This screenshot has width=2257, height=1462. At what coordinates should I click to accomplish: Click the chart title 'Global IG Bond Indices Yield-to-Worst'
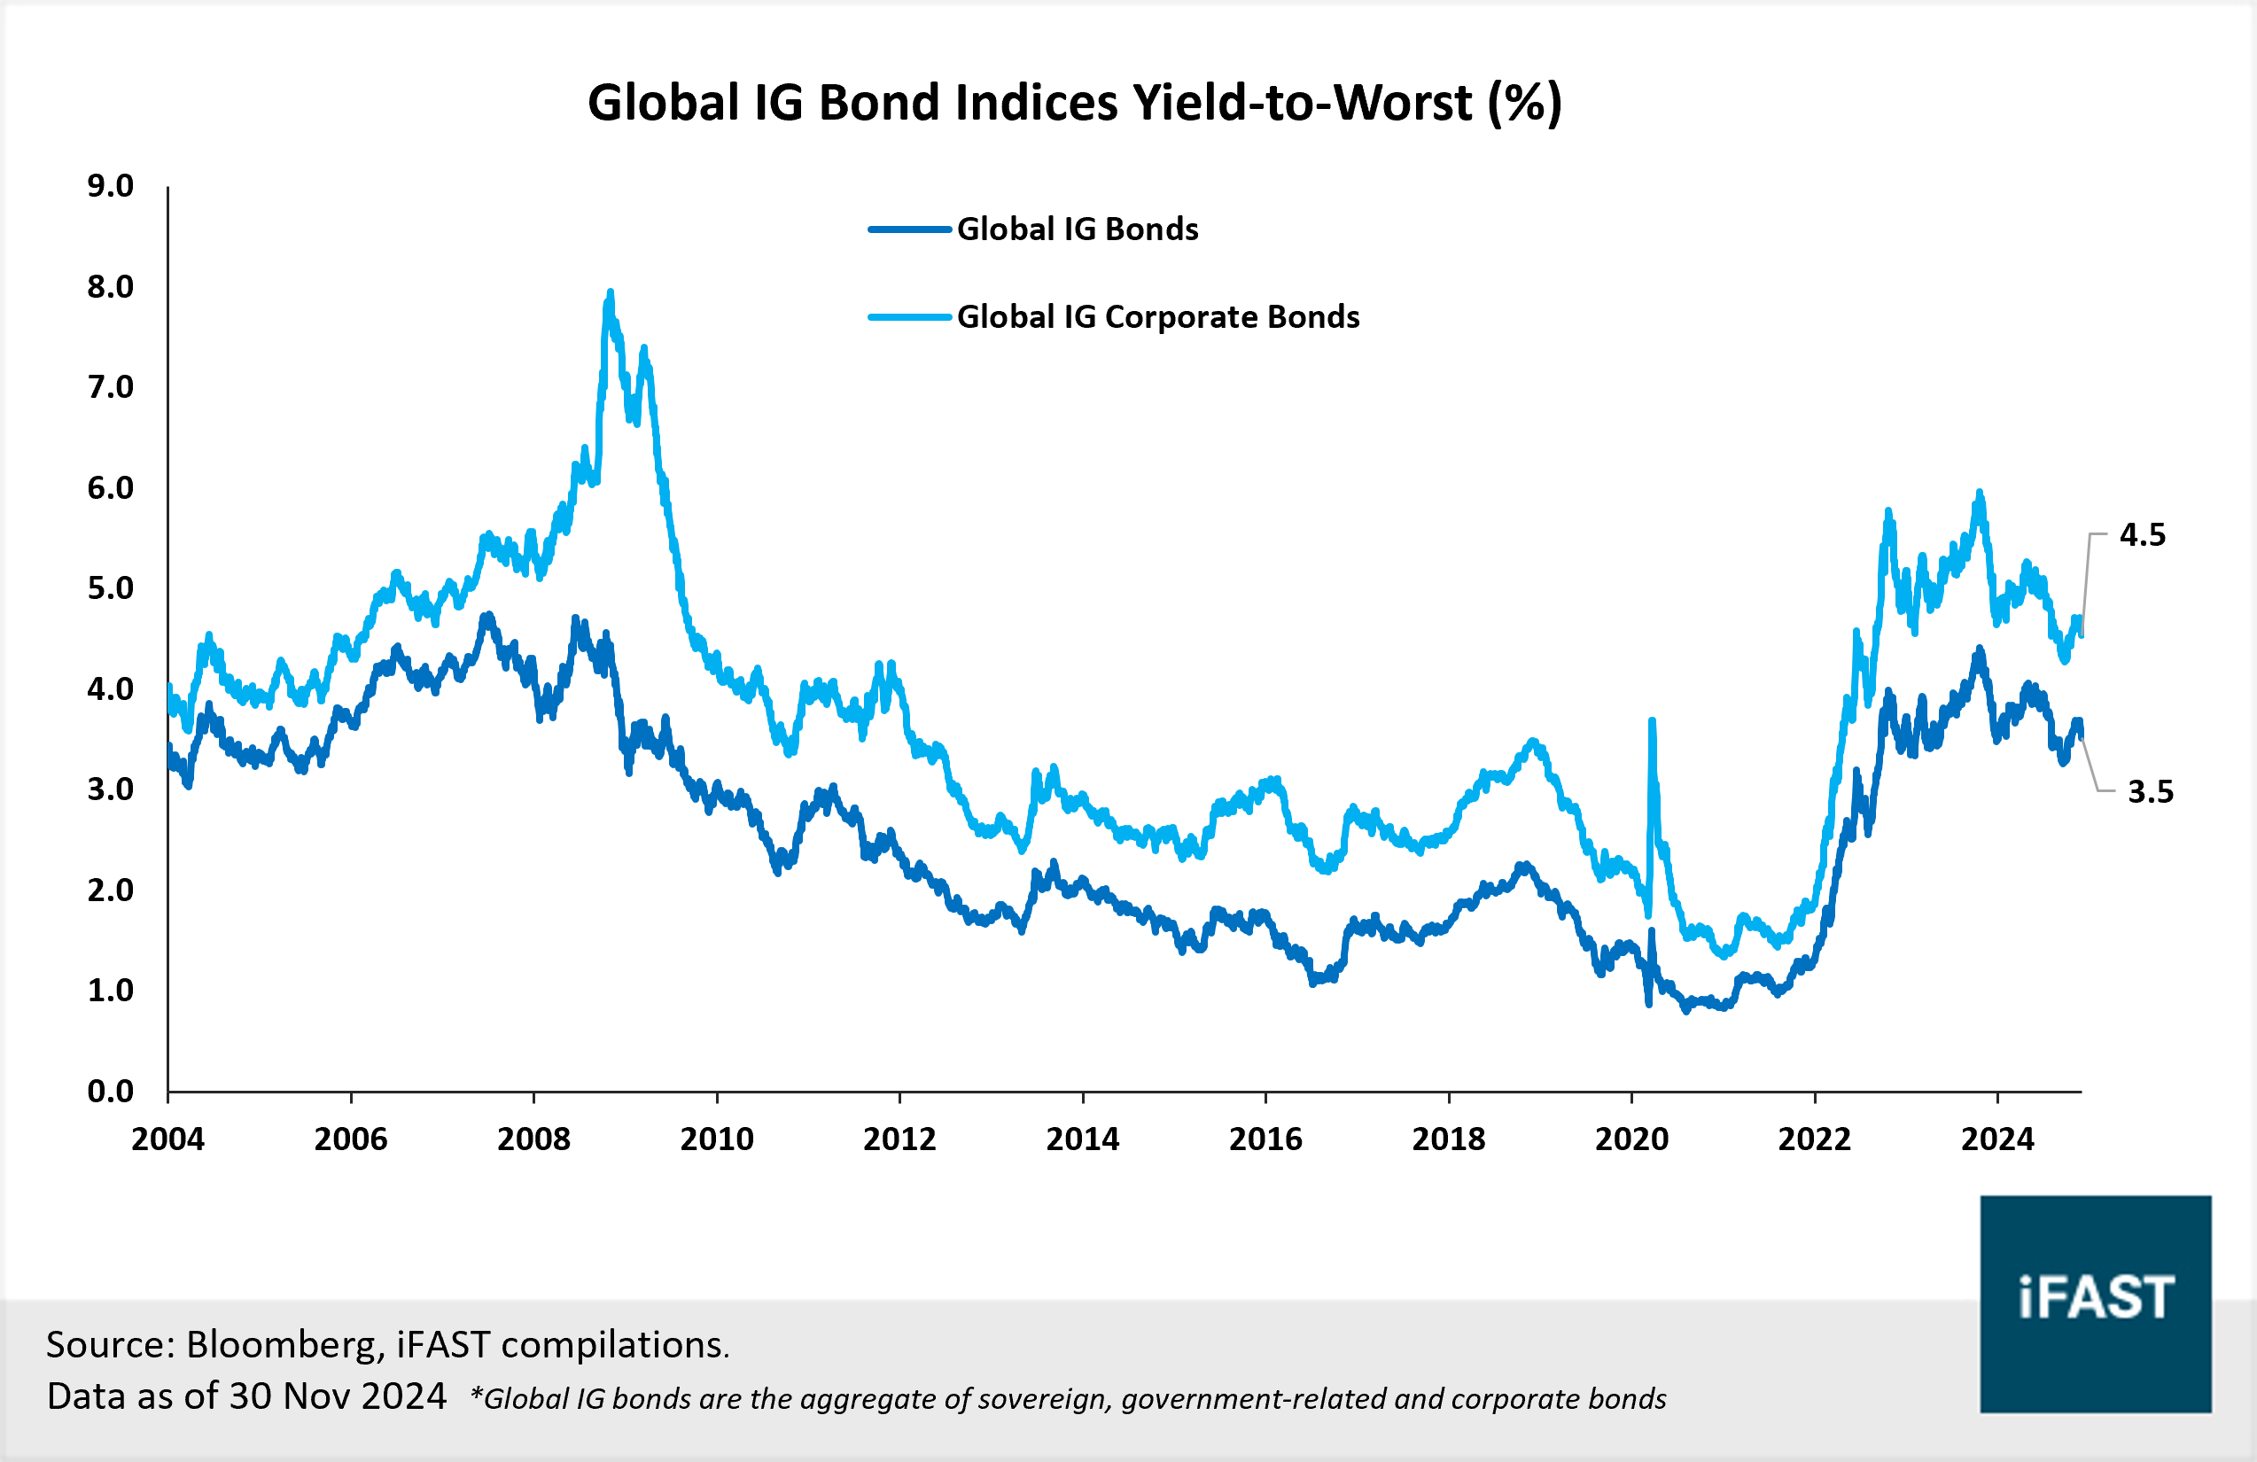(1075, 103)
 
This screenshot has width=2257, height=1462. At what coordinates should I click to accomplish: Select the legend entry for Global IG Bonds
(1077, 229)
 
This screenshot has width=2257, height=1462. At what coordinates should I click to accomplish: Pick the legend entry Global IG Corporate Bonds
(1157, 316)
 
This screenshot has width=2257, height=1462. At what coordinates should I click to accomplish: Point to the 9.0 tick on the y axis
(110, 186)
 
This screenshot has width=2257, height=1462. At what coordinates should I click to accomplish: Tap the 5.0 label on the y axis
(110, 587)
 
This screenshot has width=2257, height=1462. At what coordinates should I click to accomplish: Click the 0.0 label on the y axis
(110, 1092)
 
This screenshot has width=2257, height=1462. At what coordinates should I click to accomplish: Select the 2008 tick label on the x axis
(534, 1139)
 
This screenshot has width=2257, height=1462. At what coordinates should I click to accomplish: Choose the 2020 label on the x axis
(1631, 1139)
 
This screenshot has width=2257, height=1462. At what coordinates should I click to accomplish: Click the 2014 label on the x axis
(1082, 1139)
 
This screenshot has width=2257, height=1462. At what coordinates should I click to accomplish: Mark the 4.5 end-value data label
(2143, 535)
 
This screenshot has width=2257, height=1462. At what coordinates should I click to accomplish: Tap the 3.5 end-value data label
(2150, 791)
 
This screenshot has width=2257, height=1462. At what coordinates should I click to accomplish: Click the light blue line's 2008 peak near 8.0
(610, 294)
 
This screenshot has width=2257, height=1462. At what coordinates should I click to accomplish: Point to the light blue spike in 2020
(1652, 722)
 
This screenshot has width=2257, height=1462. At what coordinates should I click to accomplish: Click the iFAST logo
(2095, 1303)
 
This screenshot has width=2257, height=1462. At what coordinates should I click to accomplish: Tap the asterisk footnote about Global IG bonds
(1068, 1398)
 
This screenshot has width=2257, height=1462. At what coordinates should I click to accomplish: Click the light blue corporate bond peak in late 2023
(1979, 493)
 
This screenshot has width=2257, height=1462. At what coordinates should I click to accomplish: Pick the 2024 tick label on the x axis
(1997, 1139)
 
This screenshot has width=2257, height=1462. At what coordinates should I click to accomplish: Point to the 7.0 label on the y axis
(110, 387)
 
